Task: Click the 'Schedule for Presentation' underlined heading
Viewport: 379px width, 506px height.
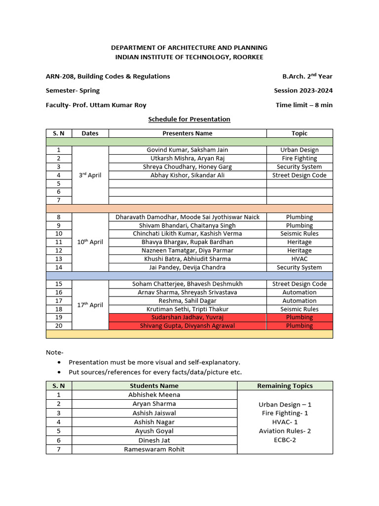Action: coord(189,119)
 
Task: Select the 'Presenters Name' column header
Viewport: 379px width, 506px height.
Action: coord(187,133)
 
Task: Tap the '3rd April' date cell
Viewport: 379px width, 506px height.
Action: coord(90,175)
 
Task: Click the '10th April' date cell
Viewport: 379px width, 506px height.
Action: coord(90,242)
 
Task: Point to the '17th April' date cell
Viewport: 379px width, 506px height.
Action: coord(90,305)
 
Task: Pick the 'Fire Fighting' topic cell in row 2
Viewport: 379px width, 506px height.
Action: coord(299,158)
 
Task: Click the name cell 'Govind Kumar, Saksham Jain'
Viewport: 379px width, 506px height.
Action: coord(187,150)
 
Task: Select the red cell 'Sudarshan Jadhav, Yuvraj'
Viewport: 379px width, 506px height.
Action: coord(187,317)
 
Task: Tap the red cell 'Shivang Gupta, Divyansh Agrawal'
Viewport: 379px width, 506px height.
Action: coord(187,326)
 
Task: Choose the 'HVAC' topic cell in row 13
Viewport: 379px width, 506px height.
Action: coord(299,259)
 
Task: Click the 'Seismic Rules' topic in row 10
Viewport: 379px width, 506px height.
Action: coord(299,234)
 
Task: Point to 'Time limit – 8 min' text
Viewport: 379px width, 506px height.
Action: coord(304,105)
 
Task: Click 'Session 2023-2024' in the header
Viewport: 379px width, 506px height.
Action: coord(303,90)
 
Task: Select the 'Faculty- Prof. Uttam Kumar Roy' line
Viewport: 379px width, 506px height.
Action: coord(96,105)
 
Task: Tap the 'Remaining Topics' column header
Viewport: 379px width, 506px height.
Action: coord(285,385)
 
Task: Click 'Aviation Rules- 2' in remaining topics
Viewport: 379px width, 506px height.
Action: coord(285,431)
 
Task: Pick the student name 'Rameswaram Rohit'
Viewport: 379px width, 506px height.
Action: coord(154,449)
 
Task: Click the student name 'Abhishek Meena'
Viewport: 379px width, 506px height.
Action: coord(154,395)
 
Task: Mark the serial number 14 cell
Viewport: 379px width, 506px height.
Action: coord(59,267)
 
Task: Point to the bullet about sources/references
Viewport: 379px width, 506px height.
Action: coord(155,372)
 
